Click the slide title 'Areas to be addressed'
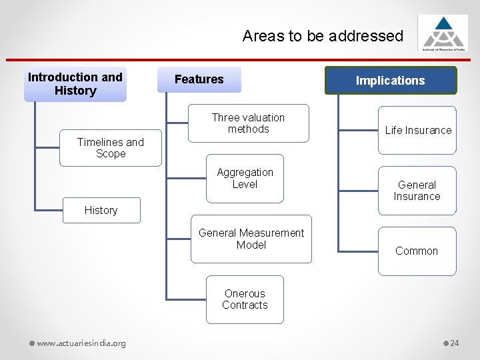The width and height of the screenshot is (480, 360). pos(323,36)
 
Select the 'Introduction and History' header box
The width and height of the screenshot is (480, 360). pos(75,84)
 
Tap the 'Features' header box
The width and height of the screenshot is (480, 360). pos(199,79)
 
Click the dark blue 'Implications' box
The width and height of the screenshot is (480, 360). pos(391,81)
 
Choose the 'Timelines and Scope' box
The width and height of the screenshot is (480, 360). pos(111,147)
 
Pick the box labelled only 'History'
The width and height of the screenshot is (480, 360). pos(101,210)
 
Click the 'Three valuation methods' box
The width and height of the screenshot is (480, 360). pos(248,123)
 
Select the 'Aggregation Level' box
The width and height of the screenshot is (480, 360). pos(245,178)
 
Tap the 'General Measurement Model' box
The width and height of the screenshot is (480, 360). pos(251,239)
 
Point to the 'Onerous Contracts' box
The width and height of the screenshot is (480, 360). pos(245,299)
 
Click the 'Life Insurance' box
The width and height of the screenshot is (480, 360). pos(417,130)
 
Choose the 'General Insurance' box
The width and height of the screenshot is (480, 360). pos(417,191)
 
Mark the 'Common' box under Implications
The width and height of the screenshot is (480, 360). pos(417,251)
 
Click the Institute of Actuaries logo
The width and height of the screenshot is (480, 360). pos(443,33)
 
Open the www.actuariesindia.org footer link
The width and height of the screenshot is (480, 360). pos(81,343)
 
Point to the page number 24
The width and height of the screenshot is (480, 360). pos(455,343)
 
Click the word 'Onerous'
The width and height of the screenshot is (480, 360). pos(245,293)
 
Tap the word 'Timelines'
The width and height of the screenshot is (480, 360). pos(100,142)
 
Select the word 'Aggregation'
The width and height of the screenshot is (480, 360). pos(245,173)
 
